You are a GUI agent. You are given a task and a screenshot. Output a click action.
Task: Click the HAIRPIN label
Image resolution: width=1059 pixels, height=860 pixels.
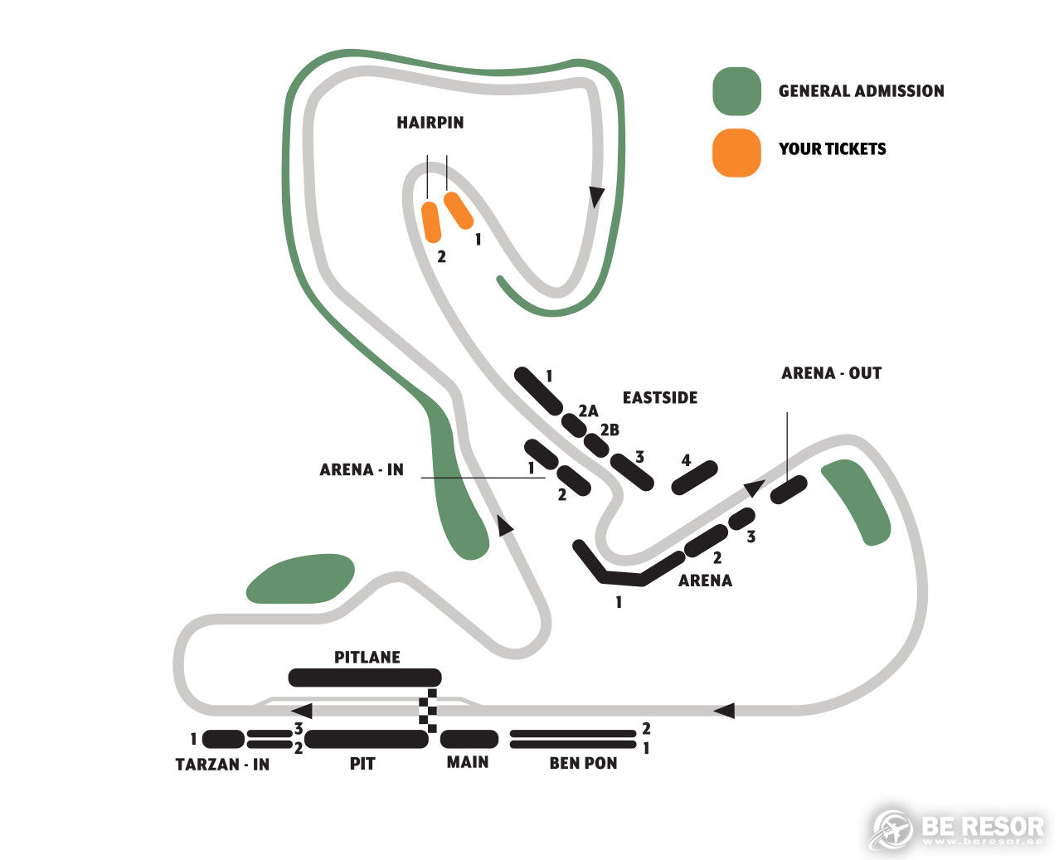click(x=430, y=122)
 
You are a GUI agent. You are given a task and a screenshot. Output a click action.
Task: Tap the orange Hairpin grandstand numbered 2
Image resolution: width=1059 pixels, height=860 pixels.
click(x=431, y=222)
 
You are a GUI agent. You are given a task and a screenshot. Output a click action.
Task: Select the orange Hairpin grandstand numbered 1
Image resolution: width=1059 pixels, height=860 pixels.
click(x=458, y=211)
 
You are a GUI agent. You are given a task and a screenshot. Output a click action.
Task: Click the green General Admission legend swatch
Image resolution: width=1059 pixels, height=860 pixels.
click(x=736, y=91)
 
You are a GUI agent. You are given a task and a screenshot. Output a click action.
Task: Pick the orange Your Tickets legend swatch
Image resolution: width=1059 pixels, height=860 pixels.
click(x=736, y=153)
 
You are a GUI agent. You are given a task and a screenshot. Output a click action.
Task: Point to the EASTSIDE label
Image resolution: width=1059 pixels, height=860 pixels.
click(x=660, y=398)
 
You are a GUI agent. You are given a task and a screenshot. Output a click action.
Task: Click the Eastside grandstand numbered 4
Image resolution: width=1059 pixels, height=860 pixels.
click(x=695, y=477)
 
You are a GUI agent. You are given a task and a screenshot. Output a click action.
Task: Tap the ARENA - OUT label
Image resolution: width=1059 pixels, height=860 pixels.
click(x=831, y=373)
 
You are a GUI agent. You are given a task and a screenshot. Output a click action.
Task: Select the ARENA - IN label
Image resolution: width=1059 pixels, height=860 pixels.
click(x=362, y=469)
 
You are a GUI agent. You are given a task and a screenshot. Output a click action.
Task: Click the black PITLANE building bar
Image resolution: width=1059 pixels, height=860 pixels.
click(x=365, y=678)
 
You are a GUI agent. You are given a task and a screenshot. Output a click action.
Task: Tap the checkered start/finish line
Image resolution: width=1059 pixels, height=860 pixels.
click(x=428, y=711)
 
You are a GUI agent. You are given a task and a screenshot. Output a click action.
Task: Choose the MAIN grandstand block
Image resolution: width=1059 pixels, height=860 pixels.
click(x=469, y=739)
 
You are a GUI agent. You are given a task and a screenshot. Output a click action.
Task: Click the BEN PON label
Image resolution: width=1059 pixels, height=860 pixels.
click(x=583, y=763)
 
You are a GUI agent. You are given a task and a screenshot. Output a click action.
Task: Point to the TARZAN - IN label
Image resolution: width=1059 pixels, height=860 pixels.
click(x=222, y=764)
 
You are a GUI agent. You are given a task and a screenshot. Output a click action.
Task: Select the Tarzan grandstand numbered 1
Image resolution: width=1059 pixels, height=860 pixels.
click(x=223, y=739)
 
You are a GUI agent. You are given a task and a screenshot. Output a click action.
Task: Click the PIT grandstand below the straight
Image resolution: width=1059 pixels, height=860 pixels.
click(x=367, y=739)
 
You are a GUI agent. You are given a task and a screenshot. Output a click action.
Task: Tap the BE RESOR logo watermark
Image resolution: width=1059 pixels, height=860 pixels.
click(x=956, y=828)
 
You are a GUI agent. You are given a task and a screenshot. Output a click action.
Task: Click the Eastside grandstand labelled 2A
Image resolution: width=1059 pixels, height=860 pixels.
click(x=574, y=425)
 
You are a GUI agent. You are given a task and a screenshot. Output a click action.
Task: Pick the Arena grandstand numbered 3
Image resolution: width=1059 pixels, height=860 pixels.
click(x=741, y=519)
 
